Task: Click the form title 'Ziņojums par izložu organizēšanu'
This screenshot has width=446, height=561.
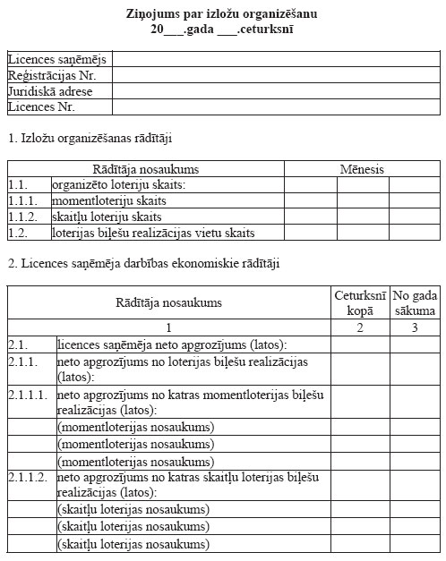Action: click(222, 13)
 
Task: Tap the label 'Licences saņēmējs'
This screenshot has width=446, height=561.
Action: click(56, 60)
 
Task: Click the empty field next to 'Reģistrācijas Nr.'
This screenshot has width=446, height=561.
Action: click(277, 76)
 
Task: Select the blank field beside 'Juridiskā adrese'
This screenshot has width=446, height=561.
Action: click(277, 91)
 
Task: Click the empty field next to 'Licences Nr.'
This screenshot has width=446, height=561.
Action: click(277, 107)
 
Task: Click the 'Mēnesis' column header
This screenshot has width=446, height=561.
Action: click(362, 169)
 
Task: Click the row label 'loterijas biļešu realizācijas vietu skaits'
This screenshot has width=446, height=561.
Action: click(153, 234)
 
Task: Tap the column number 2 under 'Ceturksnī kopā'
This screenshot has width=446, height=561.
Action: click(359, 328)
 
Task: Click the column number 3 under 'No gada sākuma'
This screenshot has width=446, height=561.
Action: click(415, 328)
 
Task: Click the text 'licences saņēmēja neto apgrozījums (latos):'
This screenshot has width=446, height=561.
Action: click(171, 344)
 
